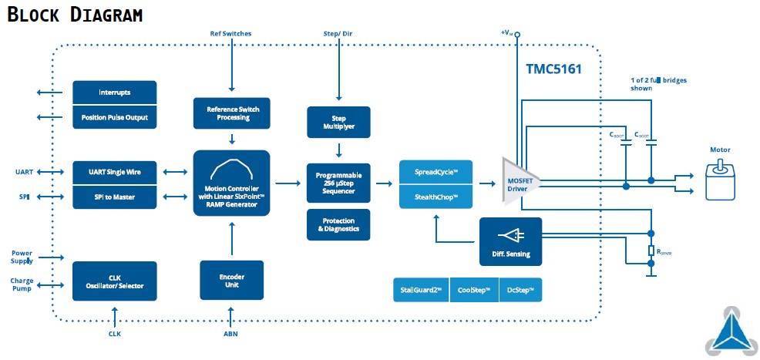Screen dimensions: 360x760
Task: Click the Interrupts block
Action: click(x=114, y=93)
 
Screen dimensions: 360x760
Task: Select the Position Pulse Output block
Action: click(x=114, y=117)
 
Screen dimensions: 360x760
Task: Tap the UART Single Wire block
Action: click(x=114, y=172)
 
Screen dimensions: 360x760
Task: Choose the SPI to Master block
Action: click(x=114, y=197)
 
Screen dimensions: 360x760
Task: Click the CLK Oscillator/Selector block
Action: click(x=114, y=281)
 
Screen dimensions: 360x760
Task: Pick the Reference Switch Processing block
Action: click(x=232, y=113)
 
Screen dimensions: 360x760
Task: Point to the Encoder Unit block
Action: click(x=232, y=279)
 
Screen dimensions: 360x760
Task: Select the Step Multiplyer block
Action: click(x=338, y=121)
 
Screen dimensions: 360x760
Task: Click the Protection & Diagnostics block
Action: click(x=338, y=224)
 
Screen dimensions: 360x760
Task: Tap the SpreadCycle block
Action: click(x=435, y=172)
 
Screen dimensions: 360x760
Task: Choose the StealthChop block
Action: click(x=435, y=197)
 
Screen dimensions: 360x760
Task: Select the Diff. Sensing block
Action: click(x=510, y=242)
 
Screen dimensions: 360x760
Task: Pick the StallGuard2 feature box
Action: click(x=420, y=290)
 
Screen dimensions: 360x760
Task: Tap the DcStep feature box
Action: click(x=520, y=290)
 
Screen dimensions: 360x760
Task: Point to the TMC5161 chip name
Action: click(x=553, y=69)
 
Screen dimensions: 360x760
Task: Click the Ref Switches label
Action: click(x=230, y=34)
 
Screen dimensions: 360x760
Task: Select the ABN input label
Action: click(x=230, y=334)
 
